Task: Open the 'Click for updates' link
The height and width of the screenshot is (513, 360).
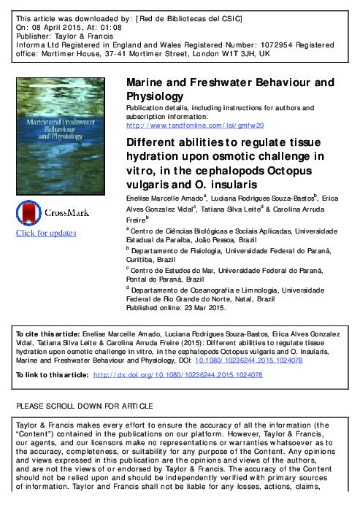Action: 46,234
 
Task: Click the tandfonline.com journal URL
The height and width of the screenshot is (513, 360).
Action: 195,125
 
